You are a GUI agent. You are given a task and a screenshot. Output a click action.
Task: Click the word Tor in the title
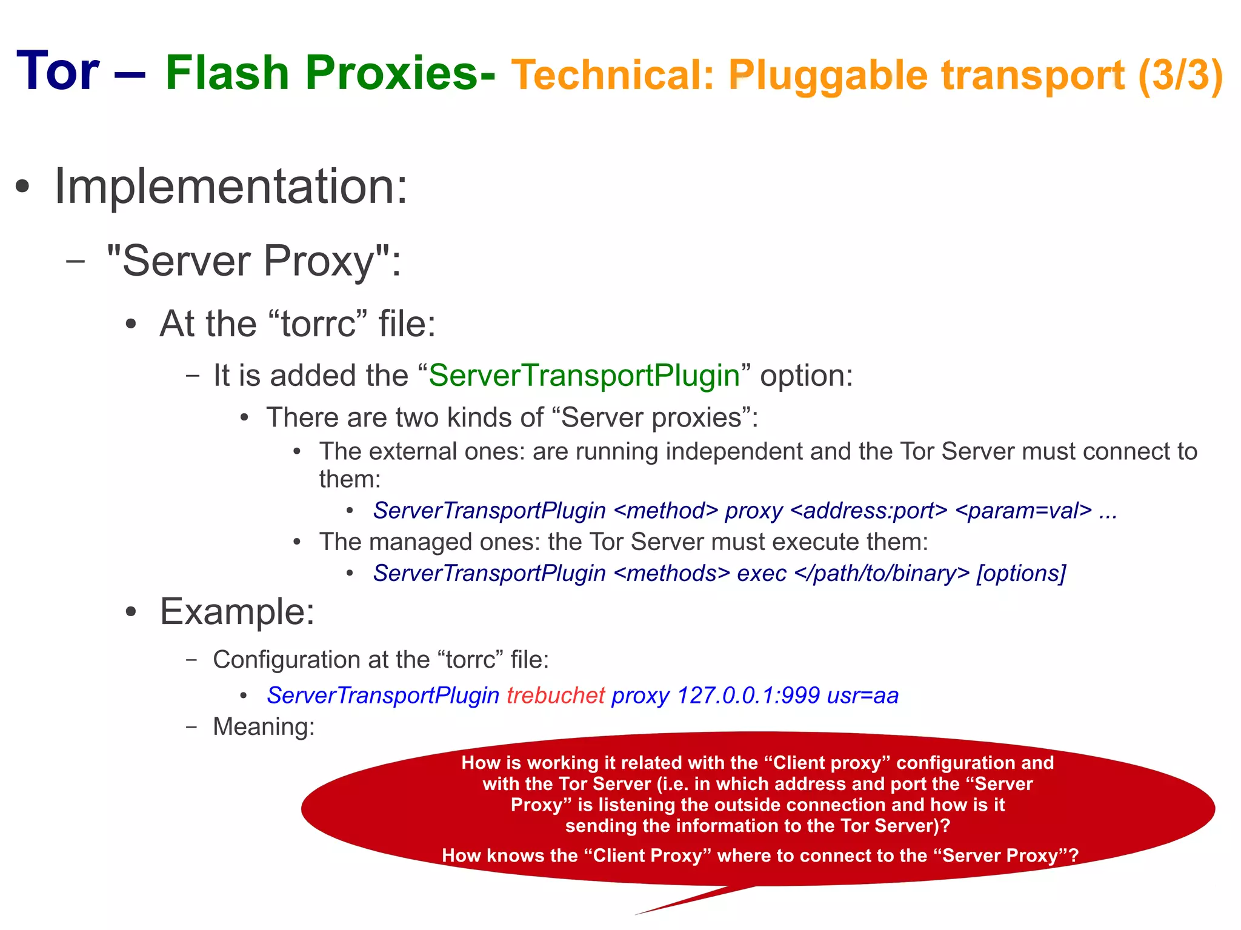pos(58,71)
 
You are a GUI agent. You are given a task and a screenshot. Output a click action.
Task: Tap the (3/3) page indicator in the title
pos(1180,75)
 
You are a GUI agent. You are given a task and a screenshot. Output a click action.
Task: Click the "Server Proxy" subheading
pos(253,261)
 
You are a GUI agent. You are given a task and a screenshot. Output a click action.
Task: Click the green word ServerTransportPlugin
pos(584,375)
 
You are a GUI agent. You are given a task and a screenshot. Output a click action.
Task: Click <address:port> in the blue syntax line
pos(868,511)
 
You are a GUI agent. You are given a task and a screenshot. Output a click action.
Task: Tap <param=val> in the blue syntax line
pos(1023,511)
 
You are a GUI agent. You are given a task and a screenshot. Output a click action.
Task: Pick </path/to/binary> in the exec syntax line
pos(882,573)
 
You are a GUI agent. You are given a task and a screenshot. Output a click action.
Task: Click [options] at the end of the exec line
pos(1020,573)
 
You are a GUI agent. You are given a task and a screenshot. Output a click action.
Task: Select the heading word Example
pos(237,611)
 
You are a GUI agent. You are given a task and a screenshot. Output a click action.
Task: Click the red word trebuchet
pos(556,696)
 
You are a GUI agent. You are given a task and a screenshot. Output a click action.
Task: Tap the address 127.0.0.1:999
pos(748,696)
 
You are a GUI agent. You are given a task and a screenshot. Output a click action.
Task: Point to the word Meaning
pos(264,726)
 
